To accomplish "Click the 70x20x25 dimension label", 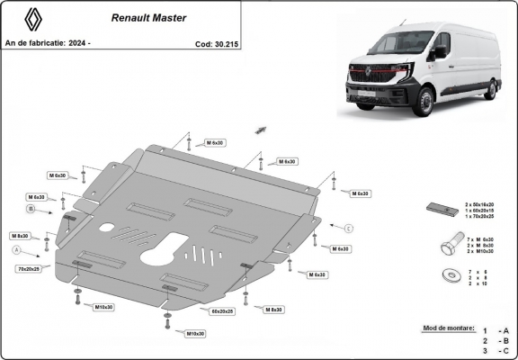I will [29, 268].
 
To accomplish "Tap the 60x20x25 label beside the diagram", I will [221, 310].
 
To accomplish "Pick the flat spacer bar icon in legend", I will [440, 209].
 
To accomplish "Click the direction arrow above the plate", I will [261, 130].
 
